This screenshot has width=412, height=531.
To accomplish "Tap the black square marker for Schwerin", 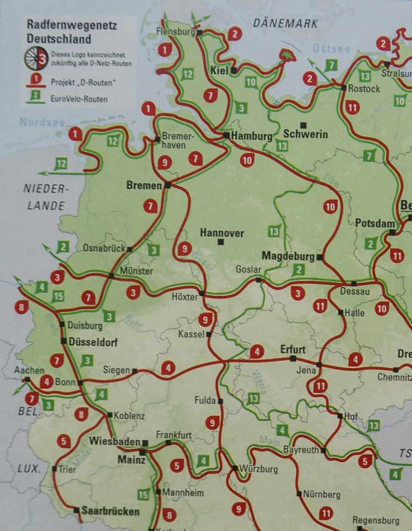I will click(302, 124).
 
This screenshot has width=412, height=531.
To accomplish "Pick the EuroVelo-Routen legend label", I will click(80, 99).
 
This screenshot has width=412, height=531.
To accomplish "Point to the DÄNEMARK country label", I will click(285, 24).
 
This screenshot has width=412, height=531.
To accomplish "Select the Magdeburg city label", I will click(288, 256).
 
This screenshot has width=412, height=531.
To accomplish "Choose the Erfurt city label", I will click(292, 349).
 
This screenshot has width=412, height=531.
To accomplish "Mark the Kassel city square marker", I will click(209, 334).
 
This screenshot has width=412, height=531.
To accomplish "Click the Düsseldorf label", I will click(94, 342).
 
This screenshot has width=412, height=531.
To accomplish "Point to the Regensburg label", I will click(376, 520).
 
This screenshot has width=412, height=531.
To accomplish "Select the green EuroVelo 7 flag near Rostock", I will click(330, 65).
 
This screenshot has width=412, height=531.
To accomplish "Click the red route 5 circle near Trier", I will click(64, 441).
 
